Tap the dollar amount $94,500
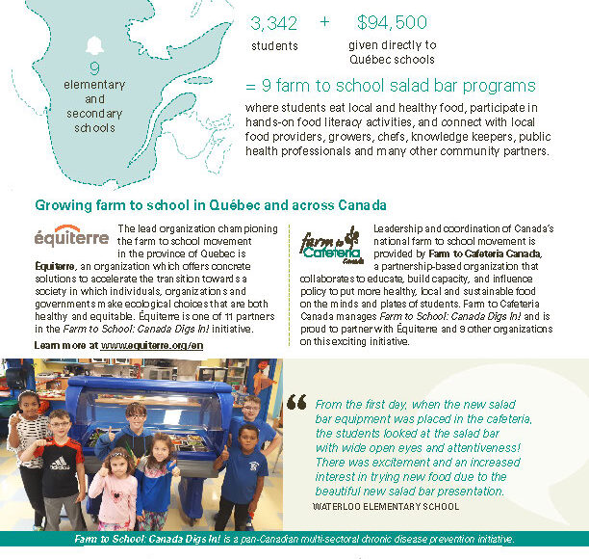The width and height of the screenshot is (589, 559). [392, 21]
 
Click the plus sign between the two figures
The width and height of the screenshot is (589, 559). [324, 21]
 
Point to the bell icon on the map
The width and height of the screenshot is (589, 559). [94, 44]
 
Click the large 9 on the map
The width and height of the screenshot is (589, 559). [94, 68]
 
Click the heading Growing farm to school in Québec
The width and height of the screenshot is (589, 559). [211, 205]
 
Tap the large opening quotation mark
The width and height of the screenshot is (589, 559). [296, 403]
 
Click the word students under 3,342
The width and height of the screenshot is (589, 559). [274, 45]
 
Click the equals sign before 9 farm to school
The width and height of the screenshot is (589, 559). [251, 85]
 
